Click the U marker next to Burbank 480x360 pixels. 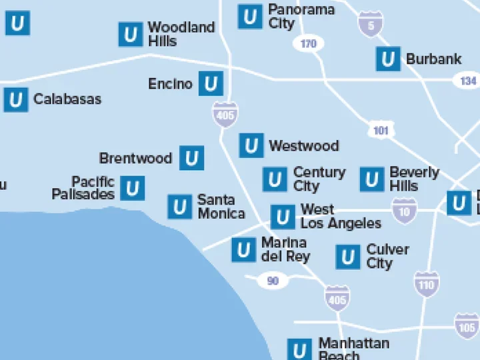[x=387, y=59]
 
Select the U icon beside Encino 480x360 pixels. [x=211, y=84]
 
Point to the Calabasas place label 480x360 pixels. [x=67, y=99]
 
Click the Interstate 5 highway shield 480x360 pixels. [x=370, y=24]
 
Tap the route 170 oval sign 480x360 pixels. [x=308, y=44]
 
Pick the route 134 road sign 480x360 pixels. [x=469, y=81]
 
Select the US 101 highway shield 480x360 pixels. [x=381, y=130]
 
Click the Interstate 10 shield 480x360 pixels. [x=404, y=211]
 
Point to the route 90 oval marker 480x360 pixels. [x=273, y=281]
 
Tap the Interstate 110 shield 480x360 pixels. [x=426, y=285]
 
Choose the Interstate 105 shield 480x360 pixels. [x=467, y=327]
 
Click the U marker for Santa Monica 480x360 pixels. [x=179, y=207]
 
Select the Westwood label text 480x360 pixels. [x=303, y=145]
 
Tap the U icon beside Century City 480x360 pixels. [x=274, y=179]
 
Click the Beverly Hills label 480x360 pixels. [x=414, y=179]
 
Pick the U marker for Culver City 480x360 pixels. [x=348, y=257]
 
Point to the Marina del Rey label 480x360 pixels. [x=285, y=249]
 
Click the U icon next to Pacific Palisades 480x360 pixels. [x=133, y=188]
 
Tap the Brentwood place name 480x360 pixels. [x=135, y=159]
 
